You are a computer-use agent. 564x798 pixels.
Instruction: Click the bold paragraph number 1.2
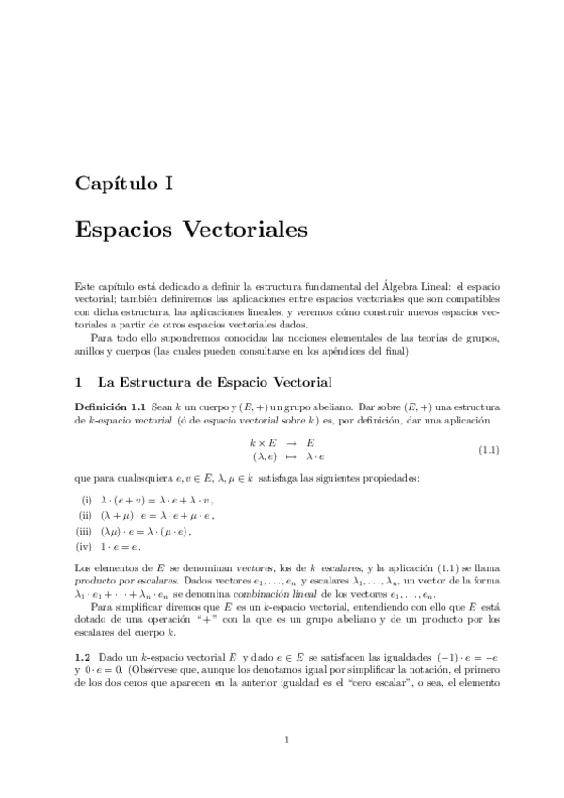point(83,653)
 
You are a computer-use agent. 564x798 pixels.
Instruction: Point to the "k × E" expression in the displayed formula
point(262,442)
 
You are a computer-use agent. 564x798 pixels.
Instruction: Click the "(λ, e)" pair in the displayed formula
point(259,456)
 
